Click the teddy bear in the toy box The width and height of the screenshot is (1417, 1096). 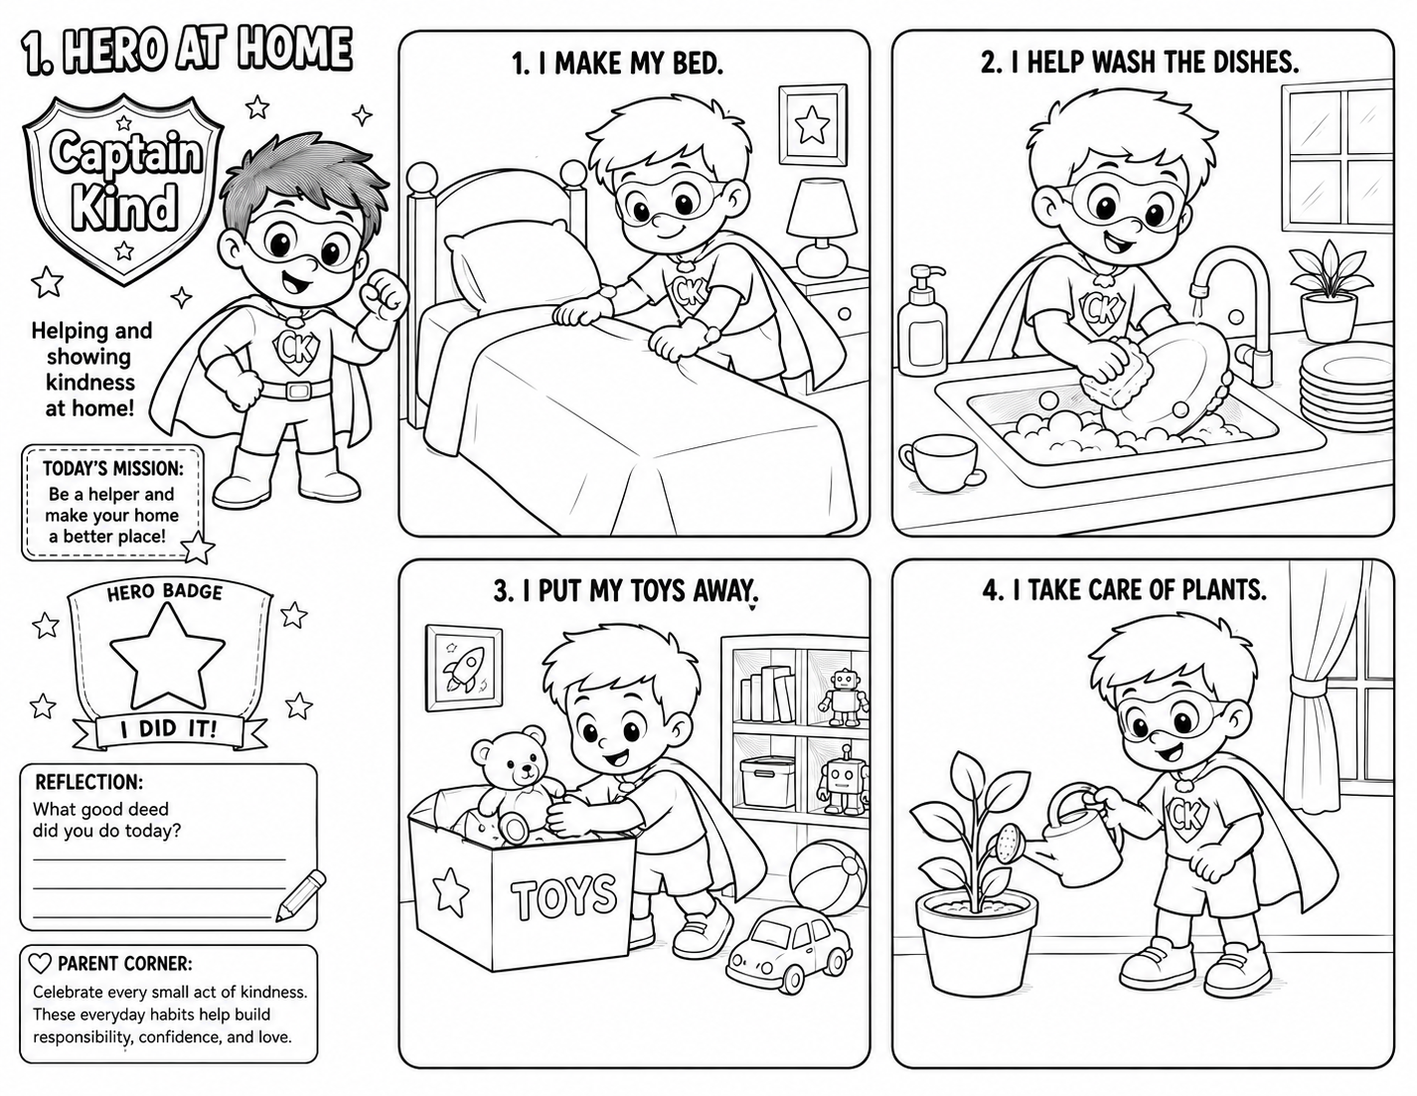click(519, 773)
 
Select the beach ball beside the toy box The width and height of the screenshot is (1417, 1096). click(828, 878)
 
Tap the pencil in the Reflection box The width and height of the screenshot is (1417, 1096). click(301, 895)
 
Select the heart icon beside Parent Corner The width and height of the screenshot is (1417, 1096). click(41, 963)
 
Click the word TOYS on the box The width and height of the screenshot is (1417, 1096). click(563, 896)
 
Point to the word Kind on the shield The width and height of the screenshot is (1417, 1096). click(124, 207)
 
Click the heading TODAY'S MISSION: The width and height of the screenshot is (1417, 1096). click(113, 468)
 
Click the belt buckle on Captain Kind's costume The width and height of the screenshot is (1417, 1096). click(299, 390)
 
